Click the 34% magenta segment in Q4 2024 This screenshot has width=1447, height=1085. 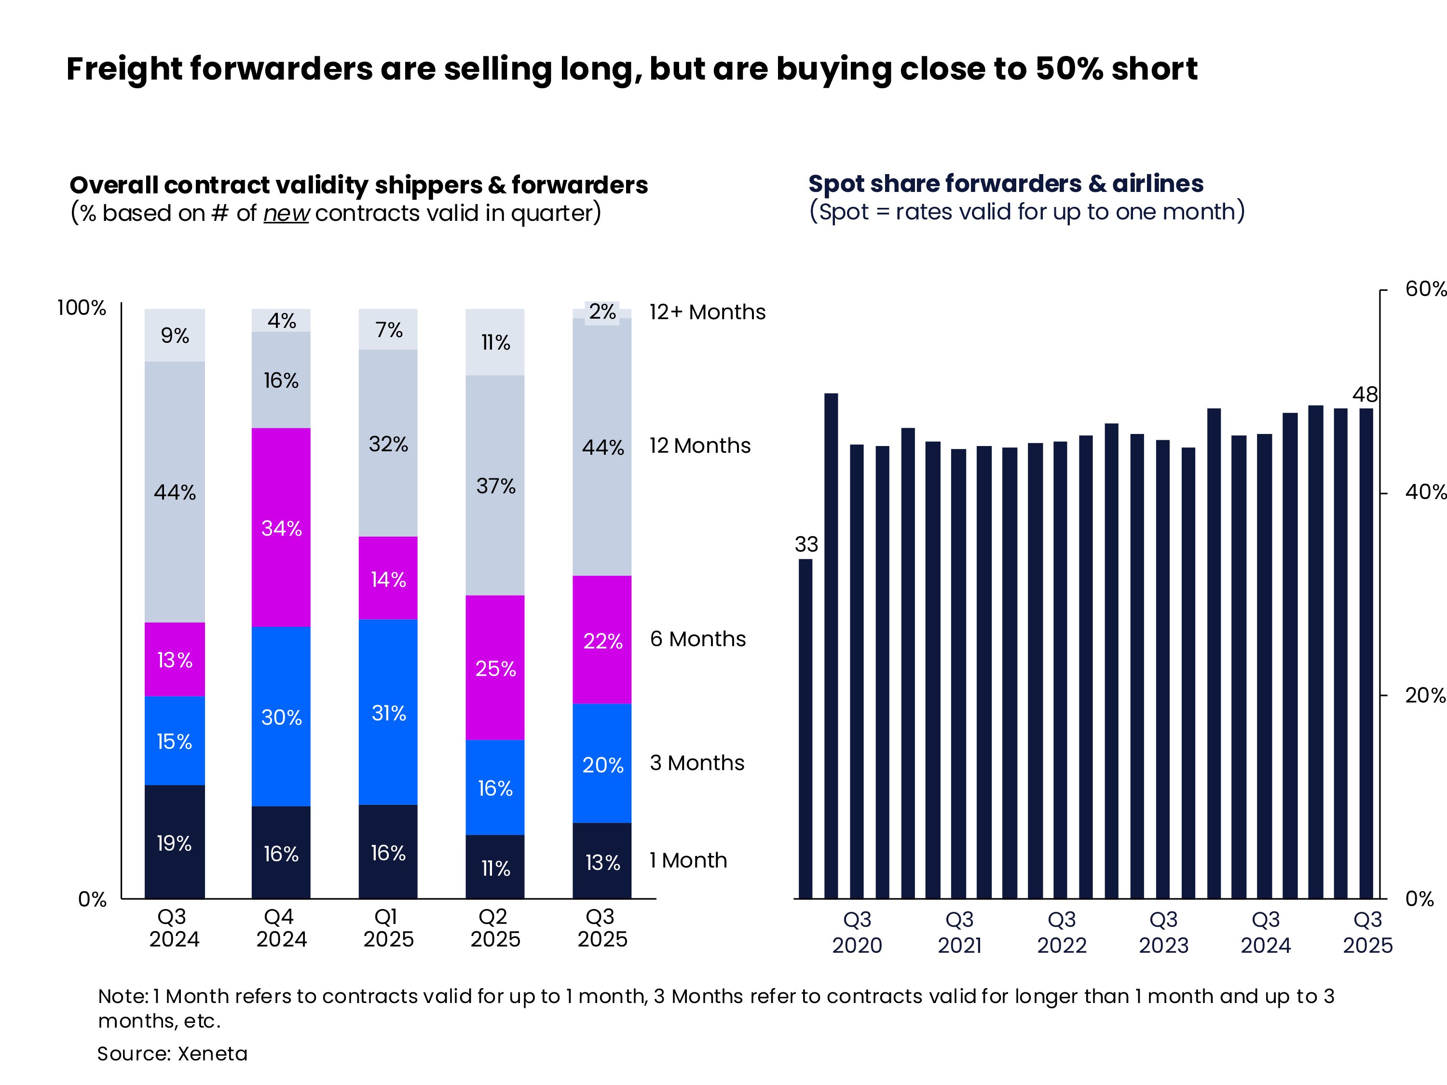coord(281,528)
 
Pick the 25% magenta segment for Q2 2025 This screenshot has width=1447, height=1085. coord(495,668)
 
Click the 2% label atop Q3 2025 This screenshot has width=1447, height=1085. coord(602,312)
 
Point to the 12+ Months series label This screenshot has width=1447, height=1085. coord(707,312)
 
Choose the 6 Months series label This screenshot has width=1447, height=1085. coord(697,639)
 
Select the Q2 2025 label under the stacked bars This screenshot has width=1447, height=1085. coord(495,927)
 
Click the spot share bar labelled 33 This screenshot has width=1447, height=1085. coord(806,728)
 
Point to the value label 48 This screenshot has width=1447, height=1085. coord(1365,394)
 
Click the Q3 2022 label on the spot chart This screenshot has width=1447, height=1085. coord(1062,932)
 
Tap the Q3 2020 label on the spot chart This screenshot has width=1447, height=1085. coord(857,932)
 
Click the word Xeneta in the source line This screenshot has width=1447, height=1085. coord(213,1054)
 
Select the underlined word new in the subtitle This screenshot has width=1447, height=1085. coord(286,213)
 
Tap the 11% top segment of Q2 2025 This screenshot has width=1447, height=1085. coord(495,342)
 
